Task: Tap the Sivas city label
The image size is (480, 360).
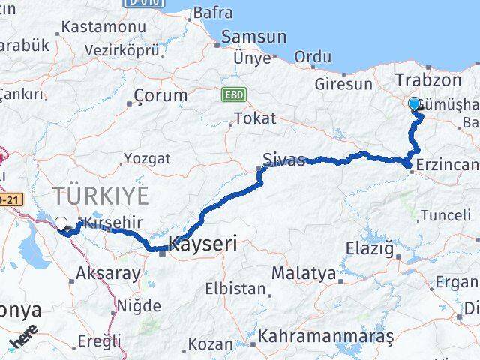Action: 283,160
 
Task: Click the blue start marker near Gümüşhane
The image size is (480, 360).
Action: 414,103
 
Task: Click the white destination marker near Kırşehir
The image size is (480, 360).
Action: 61,223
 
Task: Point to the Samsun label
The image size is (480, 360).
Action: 253,37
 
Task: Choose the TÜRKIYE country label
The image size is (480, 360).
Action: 100,196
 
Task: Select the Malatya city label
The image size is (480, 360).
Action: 303,273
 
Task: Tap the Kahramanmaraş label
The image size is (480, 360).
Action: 326,337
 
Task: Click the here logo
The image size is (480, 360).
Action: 23,340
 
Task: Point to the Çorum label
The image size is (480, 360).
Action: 160,96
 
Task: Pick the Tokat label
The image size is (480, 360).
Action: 255,118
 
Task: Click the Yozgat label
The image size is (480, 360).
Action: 147,159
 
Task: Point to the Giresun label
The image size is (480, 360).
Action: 343,84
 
